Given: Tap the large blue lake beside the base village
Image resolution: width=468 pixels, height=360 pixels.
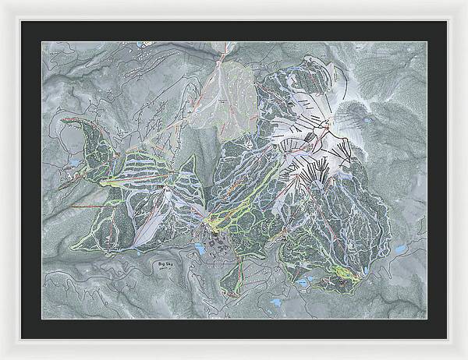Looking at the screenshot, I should (201, 249).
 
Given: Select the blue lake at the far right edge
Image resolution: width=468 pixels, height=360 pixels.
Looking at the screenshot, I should (399, 249).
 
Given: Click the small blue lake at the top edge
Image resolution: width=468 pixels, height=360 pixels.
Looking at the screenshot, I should (141, 45).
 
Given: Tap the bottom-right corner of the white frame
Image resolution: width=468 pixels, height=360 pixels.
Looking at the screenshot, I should (465, 357).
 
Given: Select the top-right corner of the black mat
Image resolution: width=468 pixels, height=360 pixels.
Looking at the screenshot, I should (447, 21).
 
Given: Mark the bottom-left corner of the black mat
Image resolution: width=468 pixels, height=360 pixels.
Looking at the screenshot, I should (21, 339).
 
